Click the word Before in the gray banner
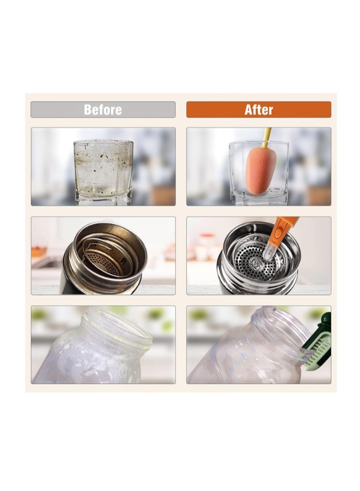pos(103,110)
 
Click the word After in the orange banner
pos(259,110)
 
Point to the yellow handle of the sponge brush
pos(267,137)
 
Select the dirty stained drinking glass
pos(103,172)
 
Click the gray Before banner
pos(103,110)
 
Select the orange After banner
pos(259,110)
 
